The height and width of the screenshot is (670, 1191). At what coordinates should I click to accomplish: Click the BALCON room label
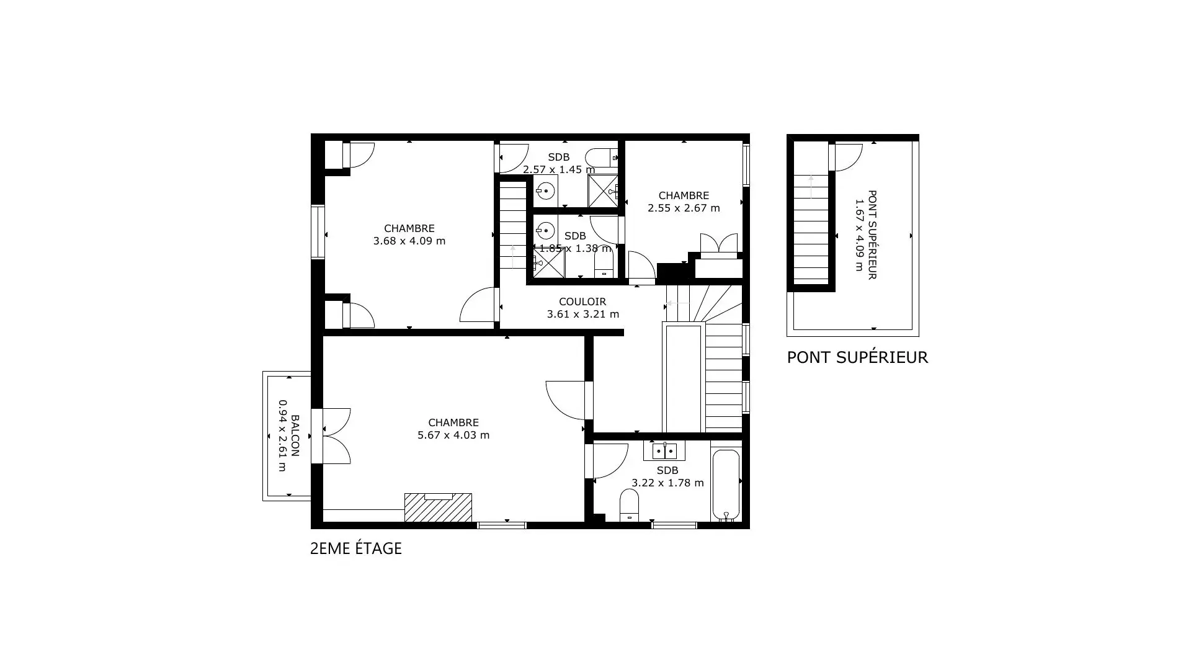coord(295,435)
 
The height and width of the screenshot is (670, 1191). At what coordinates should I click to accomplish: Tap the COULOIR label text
coord(582,302)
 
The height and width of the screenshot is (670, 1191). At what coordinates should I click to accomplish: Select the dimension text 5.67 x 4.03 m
coord(453,435)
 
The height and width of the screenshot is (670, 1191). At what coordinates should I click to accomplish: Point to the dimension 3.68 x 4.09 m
coord(409,241)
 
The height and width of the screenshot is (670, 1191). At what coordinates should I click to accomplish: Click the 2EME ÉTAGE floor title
coord(356,548)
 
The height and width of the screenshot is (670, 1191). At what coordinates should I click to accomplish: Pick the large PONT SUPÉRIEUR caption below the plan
coord(857,357)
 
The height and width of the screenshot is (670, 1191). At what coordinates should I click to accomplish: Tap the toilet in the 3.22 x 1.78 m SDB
coord(629,505)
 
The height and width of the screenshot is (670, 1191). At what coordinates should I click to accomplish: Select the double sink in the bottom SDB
coord(664,451)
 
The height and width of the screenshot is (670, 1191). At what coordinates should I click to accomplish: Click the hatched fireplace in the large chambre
coord(438,507)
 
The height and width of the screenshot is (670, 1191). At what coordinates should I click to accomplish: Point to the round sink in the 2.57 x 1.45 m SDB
coord(545,190)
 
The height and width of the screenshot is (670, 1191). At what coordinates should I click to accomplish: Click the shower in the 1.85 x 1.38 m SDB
coord(549,263)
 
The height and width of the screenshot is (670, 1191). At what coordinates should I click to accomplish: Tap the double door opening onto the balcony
coord(336,436)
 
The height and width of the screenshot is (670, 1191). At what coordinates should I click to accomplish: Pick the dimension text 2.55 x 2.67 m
coord(684,208)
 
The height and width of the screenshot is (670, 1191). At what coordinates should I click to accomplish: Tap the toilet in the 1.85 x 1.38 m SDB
coord(604,263)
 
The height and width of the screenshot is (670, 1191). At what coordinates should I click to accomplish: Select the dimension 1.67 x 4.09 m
coord(859,235)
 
